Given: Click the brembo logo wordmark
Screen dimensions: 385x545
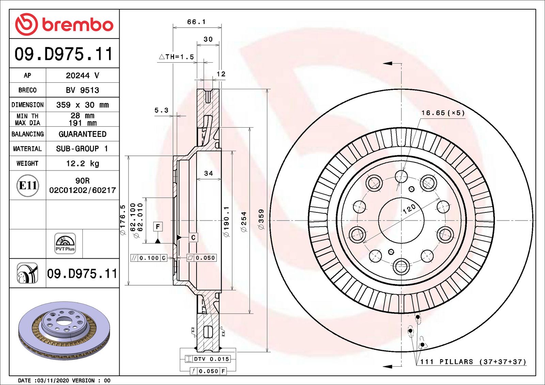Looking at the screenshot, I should coord(77,25).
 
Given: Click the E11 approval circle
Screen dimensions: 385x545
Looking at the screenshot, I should coord(28,186).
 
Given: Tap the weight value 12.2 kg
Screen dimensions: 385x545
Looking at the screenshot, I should coord(82,163).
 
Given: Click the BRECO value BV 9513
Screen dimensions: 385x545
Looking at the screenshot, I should coord(82,90).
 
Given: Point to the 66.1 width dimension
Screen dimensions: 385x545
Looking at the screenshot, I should coord(196,22).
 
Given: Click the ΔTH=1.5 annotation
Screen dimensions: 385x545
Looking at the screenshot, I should coord(176,57).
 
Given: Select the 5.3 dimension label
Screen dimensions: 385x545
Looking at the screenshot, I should coord(161,110).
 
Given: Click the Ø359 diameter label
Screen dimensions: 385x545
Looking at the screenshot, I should coord(261,219).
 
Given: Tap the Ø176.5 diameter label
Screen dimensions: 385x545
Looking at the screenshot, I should coord(123,219).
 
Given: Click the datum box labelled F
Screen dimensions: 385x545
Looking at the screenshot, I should coord(158,227).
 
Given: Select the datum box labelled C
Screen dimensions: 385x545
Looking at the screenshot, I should coord(193,237).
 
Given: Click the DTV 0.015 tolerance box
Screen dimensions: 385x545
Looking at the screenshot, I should coord(208,359).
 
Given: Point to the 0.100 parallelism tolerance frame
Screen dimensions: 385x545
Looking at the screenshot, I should coord(149,258).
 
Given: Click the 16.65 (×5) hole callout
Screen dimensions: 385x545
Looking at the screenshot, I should coord(443,113).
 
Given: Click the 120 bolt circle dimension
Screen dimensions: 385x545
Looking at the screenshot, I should coord(409,208).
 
